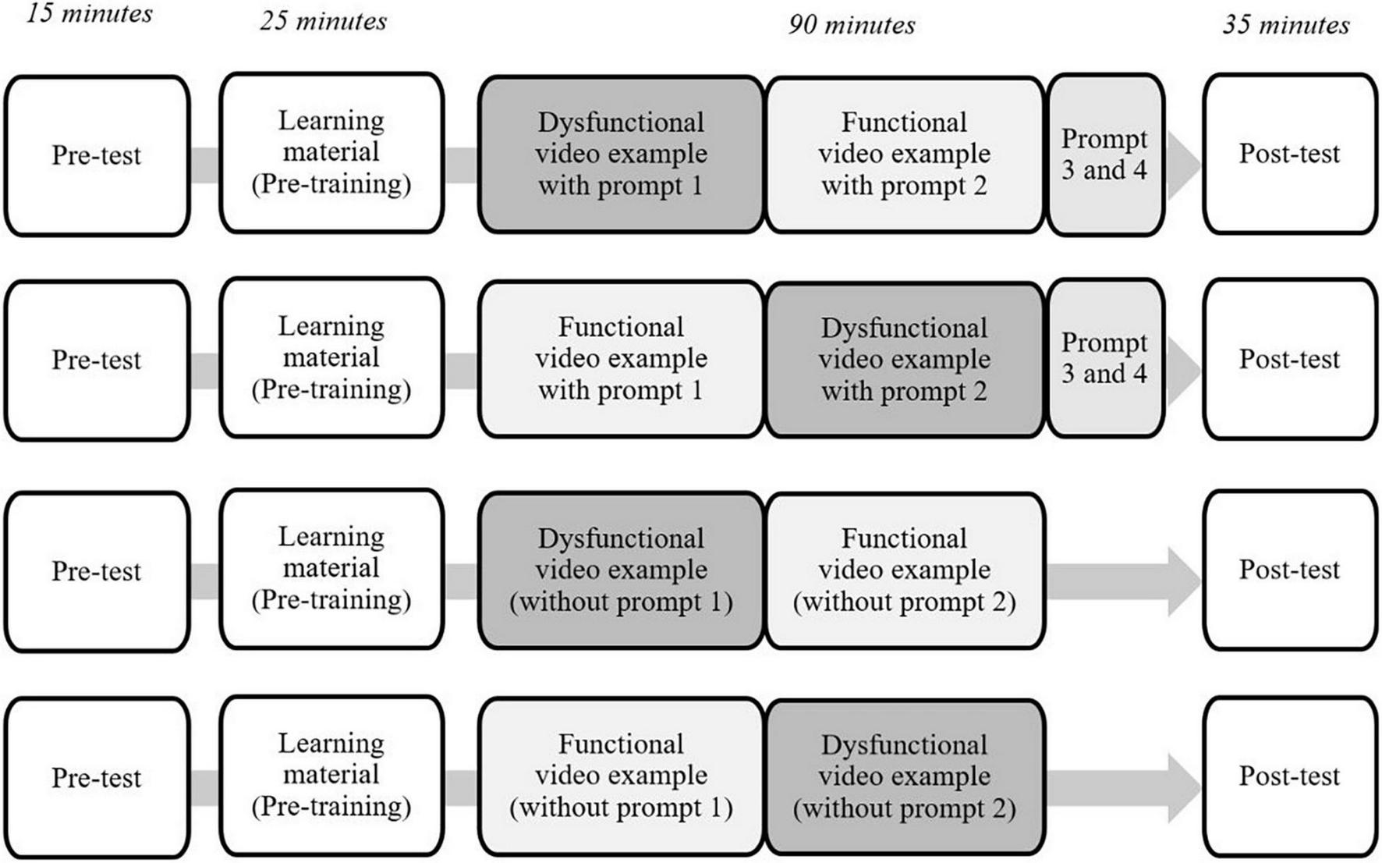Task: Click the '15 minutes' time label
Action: pyautogui.click(x=90, y=14)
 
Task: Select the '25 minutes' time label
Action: pyautogui.click(x=323, y=21)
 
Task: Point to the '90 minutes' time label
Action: pyautogui.click(x=852, y=25)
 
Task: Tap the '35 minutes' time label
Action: pyautogui.click(x=1286, y=25)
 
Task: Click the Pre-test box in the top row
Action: pyautogui.click(x=97, y=155)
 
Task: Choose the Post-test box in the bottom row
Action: pyautogui.click(x=1290, y=776)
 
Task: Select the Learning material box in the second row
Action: pyautogui.click(x=331, y=357)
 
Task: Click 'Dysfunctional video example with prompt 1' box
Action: pyautogui.click(x=621, y=154)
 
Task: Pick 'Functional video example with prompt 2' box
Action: pyautogui.click(x=905, y=154)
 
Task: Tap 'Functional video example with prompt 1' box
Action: pyautogui.click(x=621, y=359)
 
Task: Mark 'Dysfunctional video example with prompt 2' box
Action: pyautogui.click(x=905, y=360)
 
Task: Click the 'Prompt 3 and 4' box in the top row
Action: pyautogui.click(x=1104, y=154)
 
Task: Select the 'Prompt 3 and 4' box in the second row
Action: pyautogui.click(x=1104, y=359)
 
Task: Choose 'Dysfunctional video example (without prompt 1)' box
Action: pyautogui.click(x=621, y=570)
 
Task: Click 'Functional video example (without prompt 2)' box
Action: pyautogui.click(x=905, y=570)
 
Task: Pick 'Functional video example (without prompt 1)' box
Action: pyautogui.click(x=621, y=776)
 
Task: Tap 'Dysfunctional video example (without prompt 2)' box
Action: pyautogui.click(x=905, y=777)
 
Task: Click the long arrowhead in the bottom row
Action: pyautogui.click(x=1182, y=788)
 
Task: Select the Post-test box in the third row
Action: pyautogui.click(x=1290, y=570)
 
